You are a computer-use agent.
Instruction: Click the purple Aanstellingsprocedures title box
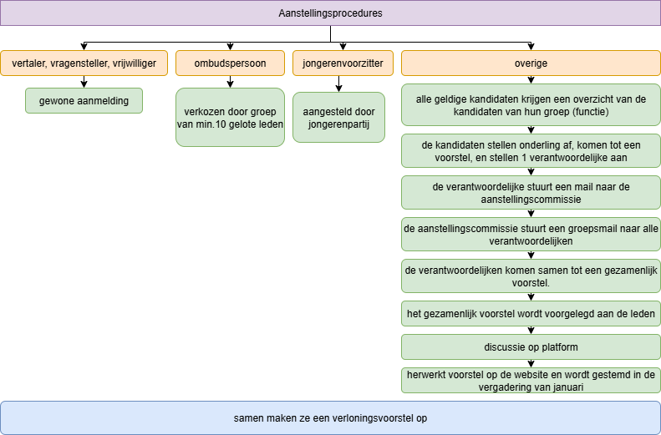point(330,13)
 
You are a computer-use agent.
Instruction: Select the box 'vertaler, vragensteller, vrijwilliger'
point(84,63)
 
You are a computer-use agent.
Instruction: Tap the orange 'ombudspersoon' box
point(230,63)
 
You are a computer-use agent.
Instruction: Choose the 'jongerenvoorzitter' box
point(338,63)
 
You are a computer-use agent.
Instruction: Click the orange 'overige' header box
point(531,63)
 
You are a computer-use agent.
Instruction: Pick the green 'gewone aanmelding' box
point(84,100)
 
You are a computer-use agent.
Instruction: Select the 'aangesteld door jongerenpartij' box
point(338,117)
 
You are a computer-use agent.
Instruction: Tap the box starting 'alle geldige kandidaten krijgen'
point(531,104)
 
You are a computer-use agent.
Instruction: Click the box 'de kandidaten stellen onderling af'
point(531,150)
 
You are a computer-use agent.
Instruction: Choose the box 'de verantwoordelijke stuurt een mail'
point(531,193)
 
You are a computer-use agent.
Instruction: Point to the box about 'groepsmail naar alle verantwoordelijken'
point(531,234)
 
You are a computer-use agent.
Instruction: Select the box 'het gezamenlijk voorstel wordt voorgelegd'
point(531,313)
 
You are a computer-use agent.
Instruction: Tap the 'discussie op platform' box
point(531,346)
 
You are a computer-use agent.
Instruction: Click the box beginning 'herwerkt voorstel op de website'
point(531,380)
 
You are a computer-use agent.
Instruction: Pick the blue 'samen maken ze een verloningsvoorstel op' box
point(330,417)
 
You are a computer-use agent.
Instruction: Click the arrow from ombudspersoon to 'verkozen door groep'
point(230,82)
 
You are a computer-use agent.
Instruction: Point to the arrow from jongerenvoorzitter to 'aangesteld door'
point(338,83)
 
